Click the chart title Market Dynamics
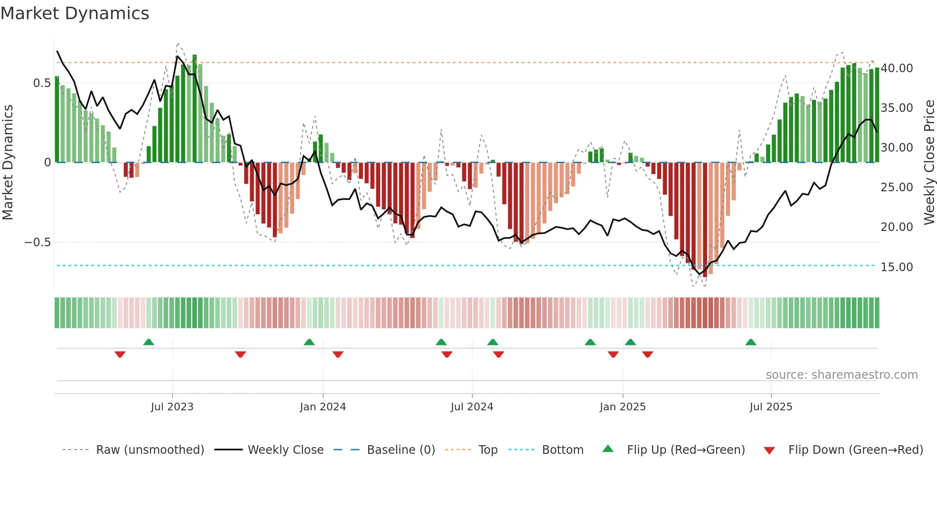75,13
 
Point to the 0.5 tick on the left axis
42,83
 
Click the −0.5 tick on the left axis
38,242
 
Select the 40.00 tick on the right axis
896,68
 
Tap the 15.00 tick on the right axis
896,267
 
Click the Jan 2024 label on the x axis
323,407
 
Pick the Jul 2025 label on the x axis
771,407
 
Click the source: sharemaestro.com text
841,375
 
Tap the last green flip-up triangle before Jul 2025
751,342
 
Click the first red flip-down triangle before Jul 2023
120,354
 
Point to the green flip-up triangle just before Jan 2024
309,342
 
